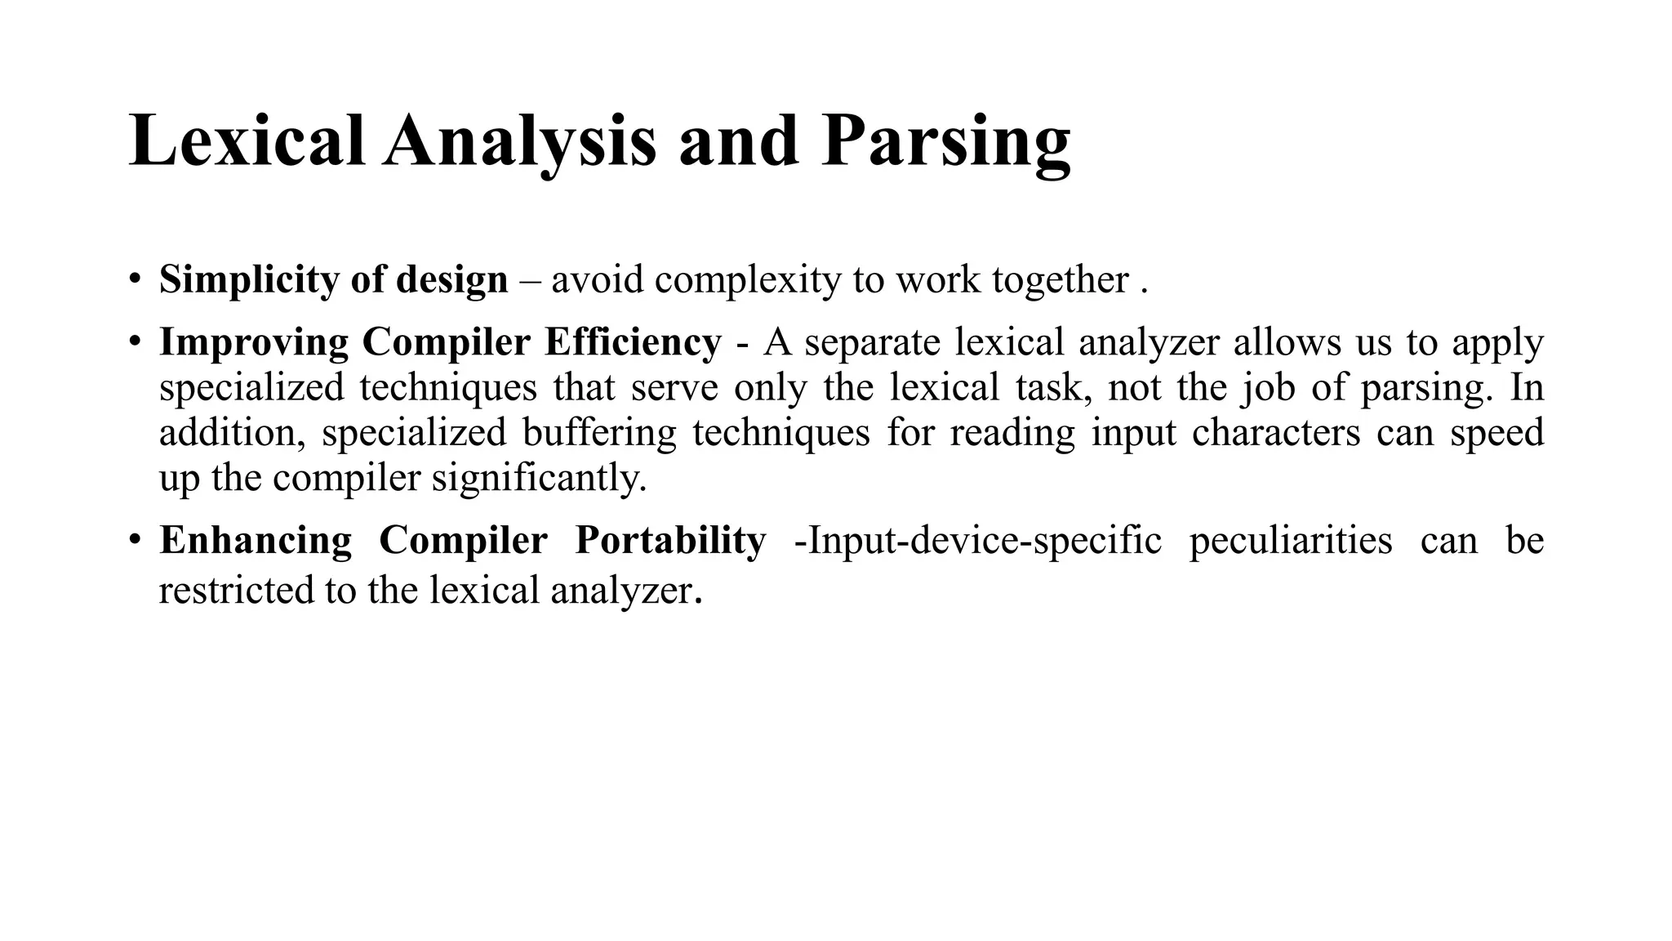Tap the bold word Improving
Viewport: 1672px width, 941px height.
coord(254,342)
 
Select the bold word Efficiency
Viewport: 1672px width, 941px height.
coord(633,342)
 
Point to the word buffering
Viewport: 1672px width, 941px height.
coord(600,432)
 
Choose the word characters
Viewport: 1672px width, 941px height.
coord(1275,432)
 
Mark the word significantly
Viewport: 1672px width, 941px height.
coord(539,478)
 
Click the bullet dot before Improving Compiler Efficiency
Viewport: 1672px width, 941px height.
coord(135,341)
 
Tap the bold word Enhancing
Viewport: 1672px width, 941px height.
coord(256,541)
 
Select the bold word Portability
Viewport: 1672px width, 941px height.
coord(670,541)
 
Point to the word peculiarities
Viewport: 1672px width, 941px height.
coord(1291,541)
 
